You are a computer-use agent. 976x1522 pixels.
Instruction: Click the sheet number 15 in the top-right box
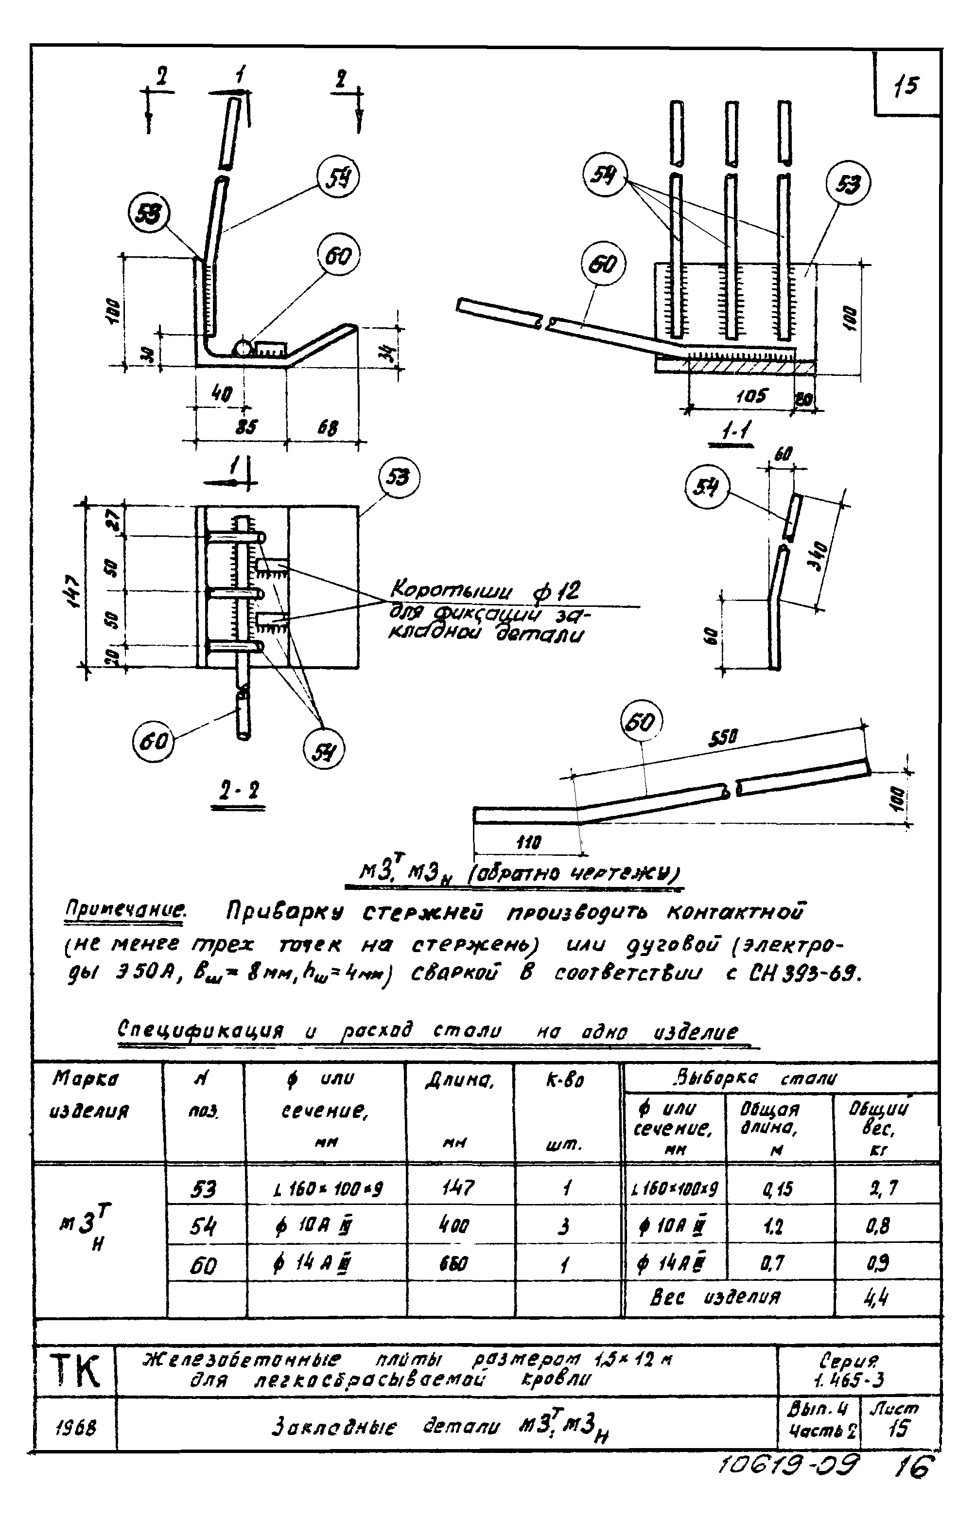tap(907, 85)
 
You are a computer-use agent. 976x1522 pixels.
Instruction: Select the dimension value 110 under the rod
tap(527, 843)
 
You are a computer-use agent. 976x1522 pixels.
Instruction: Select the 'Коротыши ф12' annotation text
tap(484, 591)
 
